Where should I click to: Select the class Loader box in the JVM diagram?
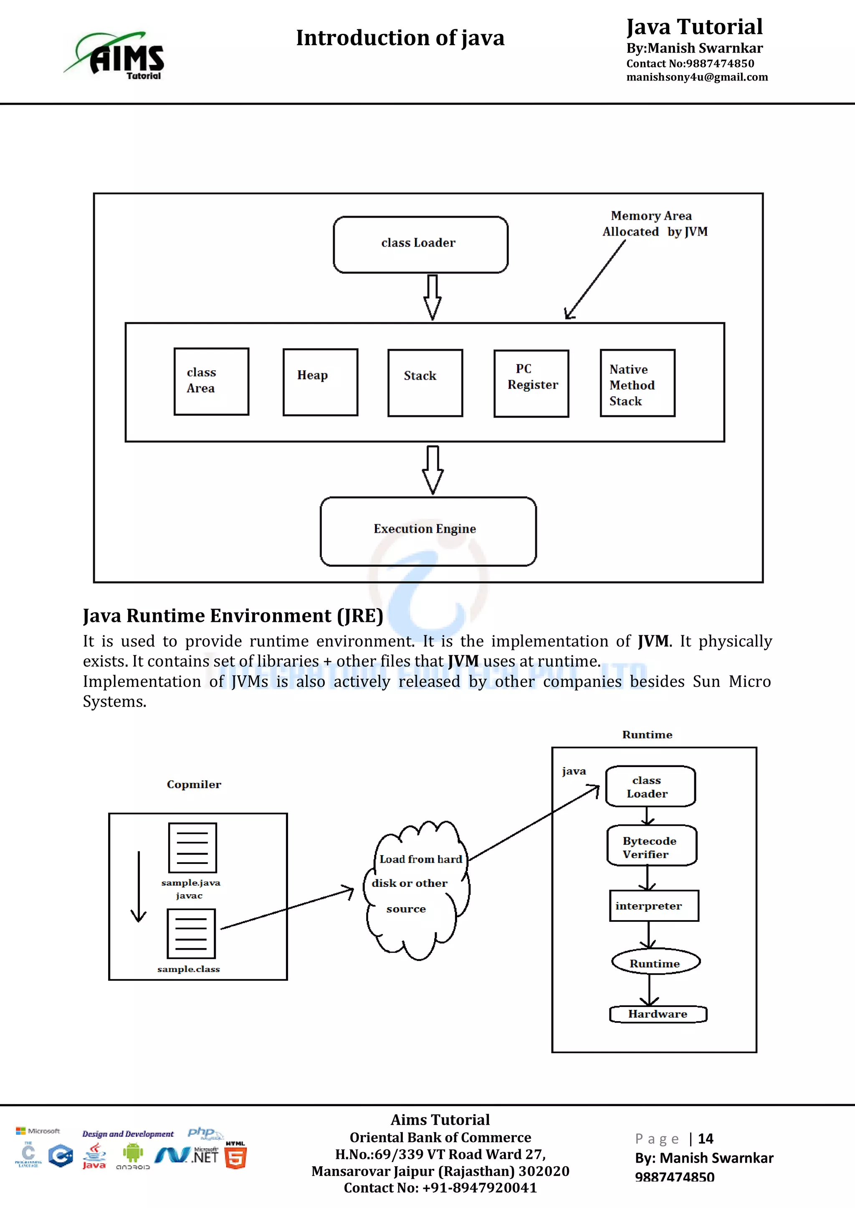(x=420, y=244)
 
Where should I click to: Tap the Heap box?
(x=320, y=382)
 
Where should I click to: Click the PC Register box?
(x=531, y=383)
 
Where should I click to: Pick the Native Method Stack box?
(x=637, y=383)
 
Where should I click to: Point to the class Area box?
(x=211, y=381)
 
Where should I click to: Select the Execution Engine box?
(x=427, y=531)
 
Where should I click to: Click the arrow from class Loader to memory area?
(x=432, y=297)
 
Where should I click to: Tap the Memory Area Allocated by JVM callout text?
(x=655, y=224)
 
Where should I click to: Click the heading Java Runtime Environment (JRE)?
(x=233, y=616)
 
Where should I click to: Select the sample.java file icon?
(x=192, y=848)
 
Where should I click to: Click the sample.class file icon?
(x=191, y=934)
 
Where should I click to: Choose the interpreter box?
(x=653, y=906)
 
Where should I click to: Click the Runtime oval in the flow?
(x=655, y=962)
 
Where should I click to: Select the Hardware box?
(x=658, y=1014)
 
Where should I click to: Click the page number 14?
(x=705, y=1139)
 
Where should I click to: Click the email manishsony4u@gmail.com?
(x=696, y=77)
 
